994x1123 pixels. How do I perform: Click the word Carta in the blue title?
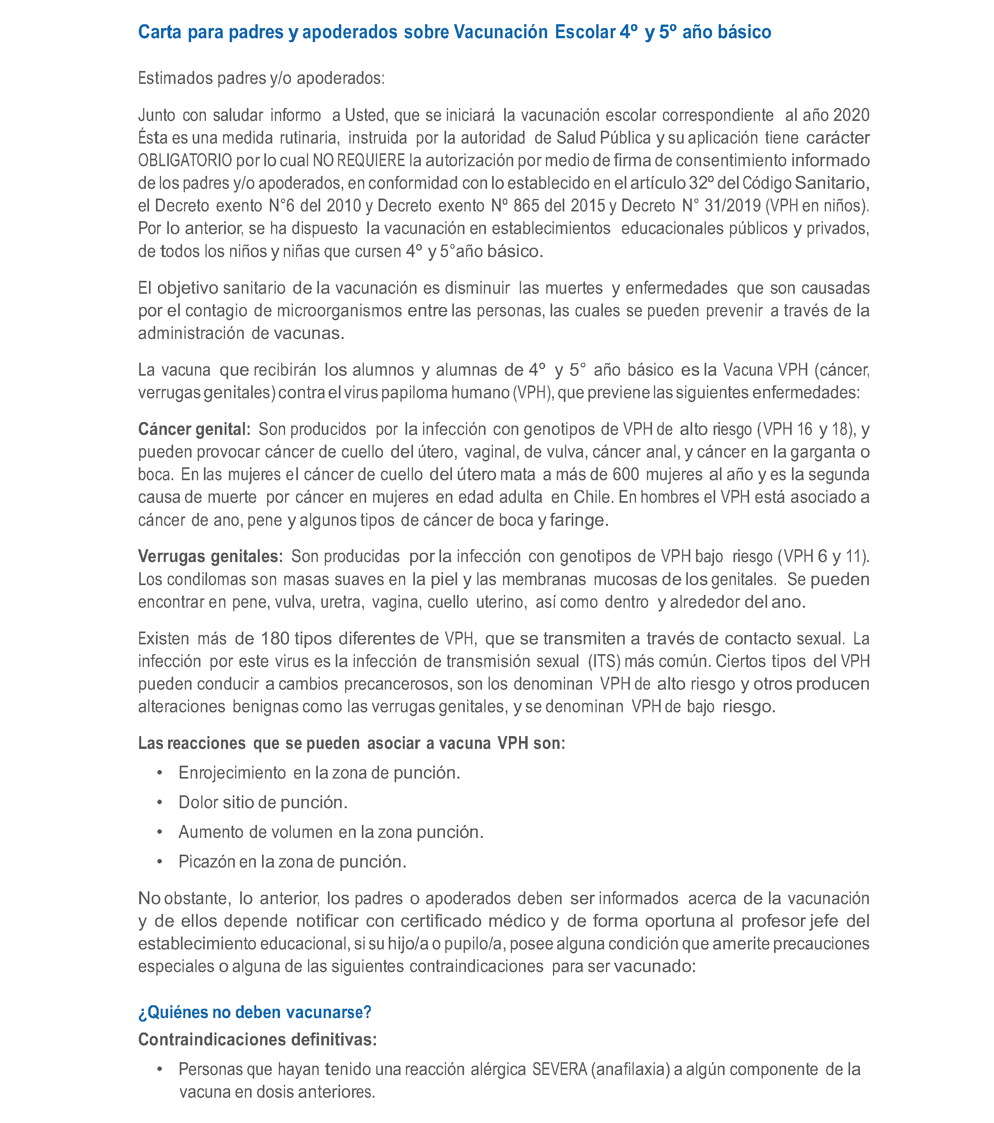(159, 32)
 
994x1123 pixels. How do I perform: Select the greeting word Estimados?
(175, 78)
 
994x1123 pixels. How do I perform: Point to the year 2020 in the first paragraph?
(851, 115)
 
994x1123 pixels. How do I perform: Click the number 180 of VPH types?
(275, 639)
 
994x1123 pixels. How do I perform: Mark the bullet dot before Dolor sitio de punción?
(160, 803)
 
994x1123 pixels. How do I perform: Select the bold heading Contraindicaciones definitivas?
(257, 1040)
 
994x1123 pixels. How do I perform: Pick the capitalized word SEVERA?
(560, 1070)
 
